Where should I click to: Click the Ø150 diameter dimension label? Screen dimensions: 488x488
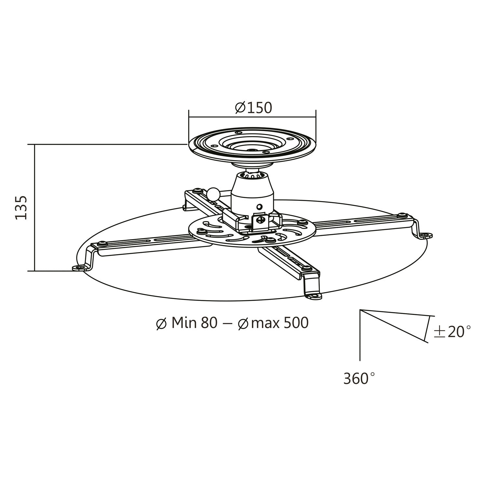(x=253, y=108)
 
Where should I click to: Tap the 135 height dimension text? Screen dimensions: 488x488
(x=21, y=208)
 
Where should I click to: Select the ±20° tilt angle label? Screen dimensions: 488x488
(x=452, y=332)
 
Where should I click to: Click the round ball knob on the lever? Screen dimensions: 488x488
(x=214, y=194)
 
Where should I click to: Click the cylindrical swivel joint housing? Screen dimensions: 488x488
(x=252, y=192)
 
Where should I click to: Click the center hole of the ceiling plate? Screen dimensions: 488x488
(x=252, y=150)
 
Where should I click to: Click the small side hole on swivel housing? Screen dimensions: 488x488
(x=259, y=207)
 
